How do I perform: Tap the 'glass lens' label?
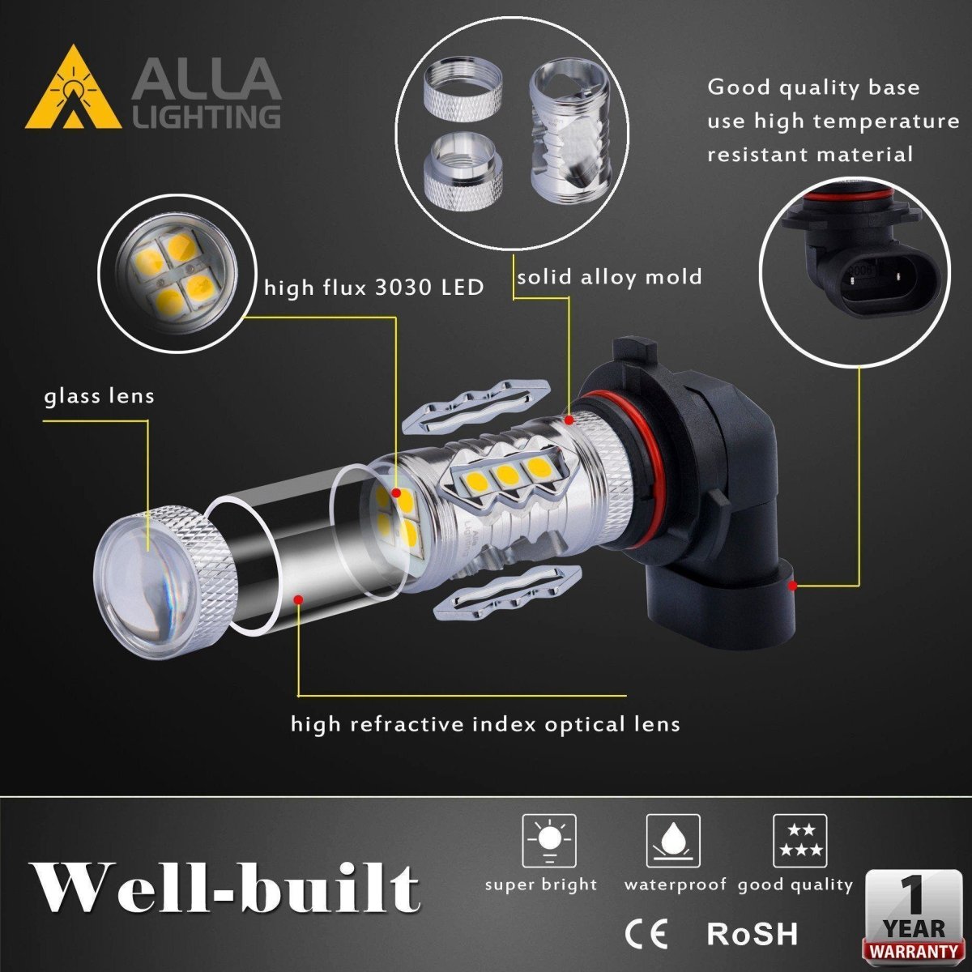pyautogui.click(x=99, y=397)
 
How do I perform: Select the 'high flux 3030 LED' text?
pyautogui.click(x=374, y=287)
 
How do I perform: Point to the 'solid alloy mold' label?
pyautogui.click(x=609, y=277)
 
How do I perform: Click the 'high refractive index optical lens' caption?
pyautogui.click(x=485, y=723)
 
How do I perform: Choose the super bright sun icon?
pyautogui.click(x=549, y=841)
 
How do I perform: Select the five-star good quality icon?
pyautogui.click(x=799, y=841)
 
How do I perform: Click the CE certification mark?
pyautogui.click(x=646, y=933)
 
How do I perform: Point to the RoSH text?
pyautogui.click(x=752, y=933)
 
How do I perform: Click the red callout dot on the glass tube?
pyautogui.click(x=298, y=599)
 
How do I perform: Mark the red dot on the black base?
pyautogui.click(x=793, y=585)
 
